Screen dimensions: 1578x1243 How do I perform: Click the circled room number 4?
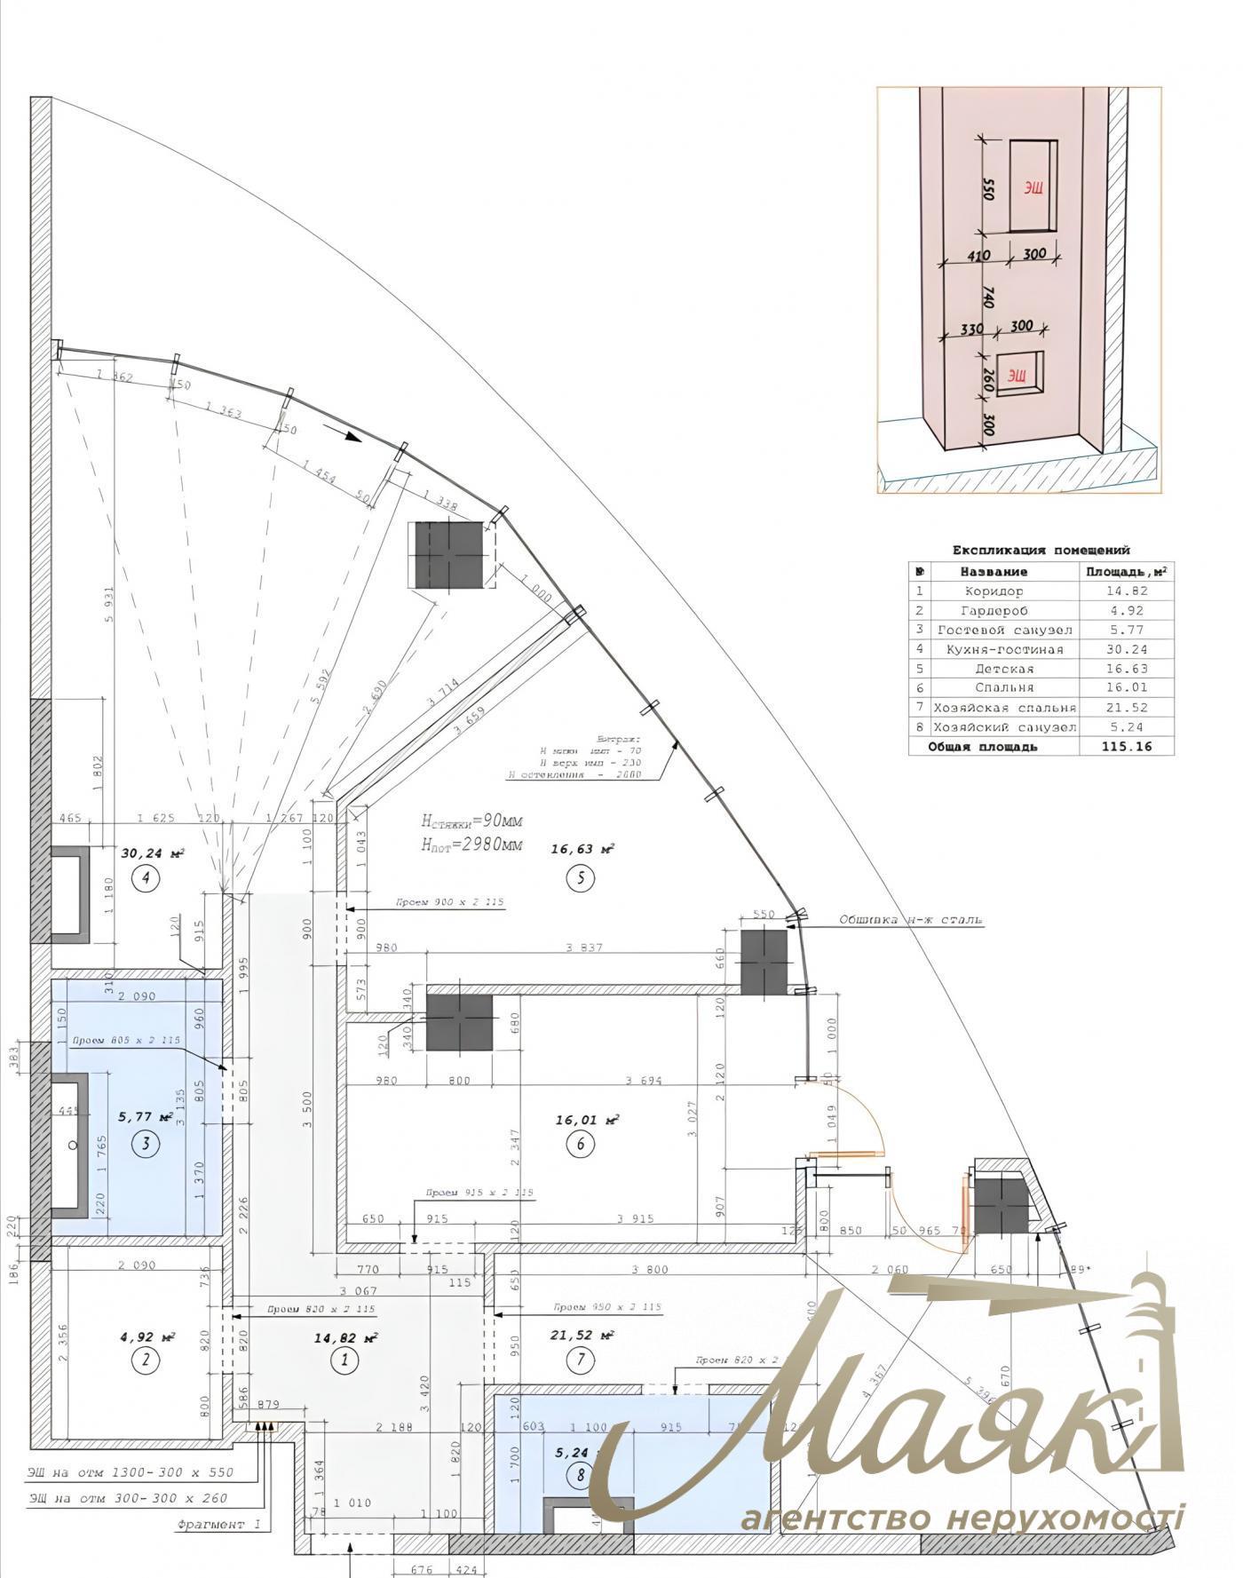pyautogui.click(x=145, y=878)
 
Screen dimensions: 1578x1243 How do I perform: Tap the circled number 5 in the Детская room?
pyautogui.click(x=581, y=878)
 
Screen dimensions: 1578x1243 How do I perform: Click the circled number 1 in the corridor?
pyautogui.click(x=344, y=1359)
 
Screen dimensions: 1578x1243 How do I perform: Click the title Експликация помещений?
pyautogui.click(x=1041, y=550)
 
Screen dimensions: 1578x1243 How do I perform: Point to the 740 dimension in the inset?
pyautogui.click(x=988, y=297)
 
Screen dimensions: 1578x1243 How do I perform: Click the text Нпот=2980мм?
pyautogui.click(x=471, y=845)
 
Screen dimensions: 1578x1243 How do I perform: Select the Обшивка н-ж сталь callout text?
pyautogui.click(x=911, y=919)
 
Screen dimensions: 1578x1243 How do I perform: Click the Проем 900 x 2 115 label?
pyautogui.click(x=450, y=902)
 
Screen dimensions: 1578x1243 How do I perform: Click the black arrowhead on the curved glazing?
pyautogui.click(x=353, y=436)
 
